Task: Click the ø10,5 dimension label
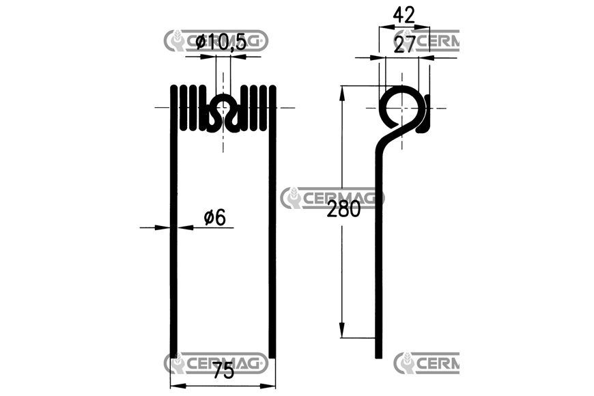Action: coord(221,42)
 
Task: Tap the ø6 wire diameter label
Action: coord(214,218)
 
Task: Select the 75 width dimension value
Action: coord(223,370)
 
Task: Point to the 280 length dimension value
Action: coord(343,209)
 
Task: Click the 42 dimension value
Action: coord(404,15)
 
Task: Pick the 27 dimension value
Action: coord(405,44)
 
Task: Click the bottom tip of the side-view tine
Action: coord(378,356)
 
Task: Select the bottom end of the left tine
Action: coord(173,356)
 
